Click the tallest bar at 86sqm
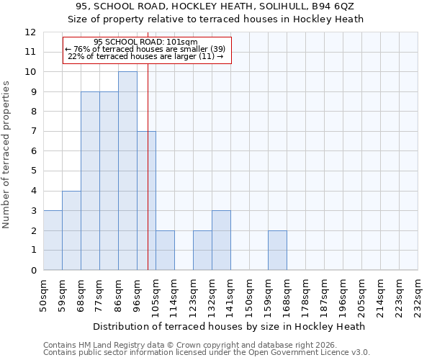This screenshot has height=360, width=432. pyautogui.click(x=127, y=171)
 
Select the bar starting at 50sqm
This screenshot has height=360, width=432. pyautogui.click(x=53, y=240)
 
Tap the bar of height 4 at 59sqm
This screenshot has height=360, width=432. pyautogui.click(x=71, y=230)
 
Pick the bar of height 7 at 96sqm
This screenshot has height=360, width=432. pyautogui.click(x=146, y=201)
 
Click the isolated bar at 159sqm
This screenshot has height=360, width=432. pyautogui.click(x=277, y=251)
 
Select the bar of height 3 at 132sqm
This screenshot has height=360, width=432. pyautogui.click(x=221, y=240)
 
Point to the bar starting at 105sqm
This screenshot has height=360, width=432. pyautogui.click(x=165, y=251)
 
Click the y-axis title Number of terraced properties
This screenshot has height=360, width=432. pyautogui.click(x=7, y=155)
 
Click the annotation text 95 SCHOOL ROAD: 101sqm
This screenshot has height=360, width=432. pyautogui.click(x=145, y=42)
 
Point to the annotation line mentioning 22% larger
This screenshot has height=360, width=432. pyautogui.click(x=145, y=56)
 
